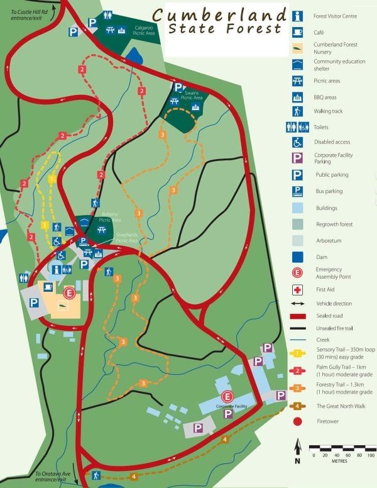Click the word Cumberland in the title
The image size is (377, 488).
point(217,14)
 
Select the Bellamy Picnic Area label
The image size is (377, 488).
point(110,218)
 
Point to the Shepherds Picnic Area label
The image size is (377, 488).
point(127,240)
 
